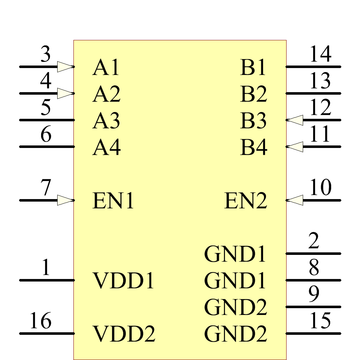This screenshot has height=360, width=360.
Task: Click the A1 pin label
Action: [106, 67]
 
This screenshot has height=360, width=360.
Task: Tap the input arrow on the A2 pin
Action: [66, 94]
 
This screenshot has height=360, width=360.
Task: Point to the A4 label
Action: [106, 147]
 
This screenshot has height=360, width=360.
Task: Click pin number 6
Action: [46, 135]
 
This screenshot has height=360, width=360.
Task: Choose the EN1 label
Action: [113, 201]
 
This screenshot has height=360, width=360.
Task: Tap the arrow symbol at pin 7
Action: [66, 200]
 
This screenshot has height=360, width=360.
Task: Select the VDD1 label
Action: [124, 281]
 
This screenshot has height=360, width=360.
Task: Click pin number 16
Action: [40, 321]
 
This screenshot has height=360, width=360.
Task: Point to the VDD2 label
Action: [124, 334]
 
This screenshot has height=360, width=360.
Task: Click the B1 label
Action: [253, 67]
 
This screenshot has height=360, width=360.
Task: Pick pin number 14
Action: [320, 55]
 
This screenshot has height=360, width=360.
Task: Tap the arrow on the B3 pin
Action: [296, 120]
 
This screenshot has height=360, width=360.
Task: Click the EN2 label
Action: [246, 201]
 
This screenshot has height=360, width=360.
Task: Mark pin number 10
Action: [320, 188]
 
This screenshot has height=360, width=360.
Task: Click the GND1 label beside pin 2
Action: [235, 254]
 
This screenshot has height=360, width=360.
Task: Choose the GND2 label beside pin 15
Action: [236, 334]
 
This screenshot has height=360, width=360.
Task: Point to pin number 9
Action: [314, 294]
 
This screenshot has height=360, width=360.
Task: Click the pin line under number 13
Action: [313, 93]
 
